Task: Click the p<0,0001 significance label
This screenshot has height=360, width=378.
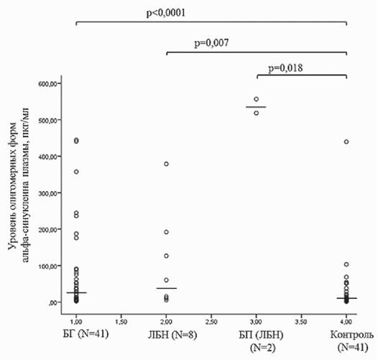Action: (x=166, y=13)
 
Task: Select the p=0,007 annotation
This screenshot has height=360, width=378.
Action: (x=211, y=43)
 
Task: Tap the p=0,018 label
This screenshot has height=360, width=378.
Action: (x=285, y=68)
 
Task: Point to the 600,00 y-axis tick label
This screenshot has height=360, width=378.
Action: (x=47, y=83)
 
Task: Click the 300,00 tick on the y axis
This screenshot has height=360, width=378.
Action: (x=47, y=193)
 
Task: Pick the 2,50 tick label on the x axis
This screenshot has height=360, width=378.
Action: (x=211, y=322)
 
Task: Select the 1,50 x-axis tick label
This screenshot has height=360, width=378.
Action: (x=121, y=322)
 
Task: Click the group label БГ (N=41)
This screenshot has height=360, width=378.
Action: (x=86, y=334)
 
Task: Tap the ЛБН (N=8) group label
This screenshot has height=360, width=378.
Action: (x=172, y=335)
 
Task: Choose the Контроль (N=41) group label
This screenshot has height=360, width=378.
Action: (x=352, y=341)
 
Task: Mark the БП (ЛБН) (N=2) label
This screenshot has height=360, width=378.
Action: (x=262, y=341)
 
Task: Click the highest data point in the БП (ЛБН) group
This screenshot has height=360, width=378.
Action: (x=257, y=99)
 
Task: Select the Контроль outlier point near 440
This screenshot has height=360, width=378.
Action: (x=346, y=142)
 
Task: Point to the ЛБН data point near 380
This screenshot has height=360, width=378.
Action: (x=166, y=164)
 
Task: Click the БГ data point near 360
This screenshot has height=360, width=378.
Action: (x=76, y=172)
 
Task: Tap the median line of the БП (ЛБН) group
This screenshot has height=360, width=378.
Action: (x=256, y=107)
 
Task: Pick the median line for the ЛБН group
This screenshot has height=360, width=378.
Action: (x=166, y=288)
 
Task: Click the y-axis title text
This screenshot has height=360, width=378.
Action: (x=19, y=185)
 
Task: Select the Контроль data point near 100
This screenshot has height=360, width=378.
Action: (x=346, y=264)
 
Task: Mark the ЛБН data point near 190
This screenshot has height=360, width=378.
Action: (x=166, y=232)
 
